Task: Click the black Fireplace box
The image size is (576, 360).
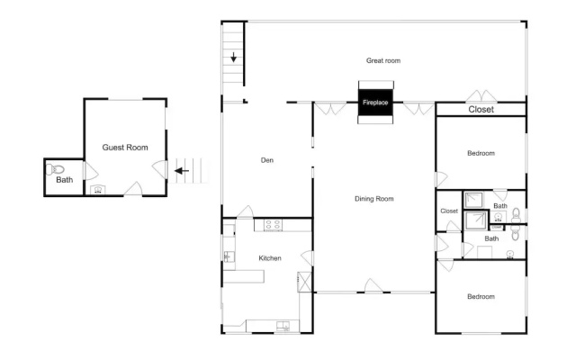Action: pyautogui.click(x=375, y=102)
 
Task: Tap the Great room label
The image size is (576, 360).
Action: pyautogui.click(x=383, y=60)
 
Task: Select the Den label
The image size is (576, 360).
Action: pyautogui.click(x=267, y=160)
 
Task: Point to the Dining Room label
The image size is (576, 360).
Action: pyautogui.click(x=374, y=199)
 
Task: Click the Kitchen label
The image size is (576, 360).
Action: pyautogui.click(x=270, y=258)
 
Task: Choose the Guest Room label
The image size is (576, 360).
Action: pyautogui.click(x=125, y=148)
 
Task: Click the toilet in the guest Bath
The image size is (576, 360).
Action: pyautogui.click(x=55, y=169)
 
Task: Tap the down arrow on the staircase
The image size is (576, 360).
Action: pyautogui.click(x=234, y=58)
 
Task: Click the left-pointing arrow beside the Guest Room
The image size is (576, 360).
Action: pyautogui.click(x=182, y=171)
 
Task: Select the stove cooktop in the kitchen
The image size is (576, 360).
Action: pyautogui.click(x=273, y=225)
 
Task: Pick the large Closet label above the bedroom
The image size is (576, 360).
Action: pyautogui.click(x=481, y=110)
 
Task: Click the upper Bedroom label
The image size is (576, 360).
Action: pyautogui.click(x=481, y=153)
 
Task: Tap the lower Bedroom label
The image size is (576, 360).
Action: pyautogui.click(x=481, y=296)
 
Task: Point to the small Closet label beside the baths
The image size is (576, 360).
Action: pyautogui.click(x=449, y=211)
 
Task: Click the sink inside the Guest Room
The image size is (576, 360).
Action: pyautogui.click(x=98, y=190)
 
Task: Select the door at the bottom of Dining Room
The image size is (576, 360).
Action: pyautogui.click(x=373, y=286)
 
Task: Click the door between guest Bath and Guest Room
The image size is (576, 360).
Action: pyautogui.click(x=90, y=171)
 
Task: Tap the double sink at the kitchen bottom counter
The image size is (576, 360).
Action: pyautogui.click(x=283, y=326)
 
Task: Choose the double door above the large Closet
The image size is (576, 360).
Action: pyautogui.click(x=481, y=96)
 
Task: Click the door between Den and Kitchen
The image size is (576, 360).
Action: pyautogui.click(x=245, y=211)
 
